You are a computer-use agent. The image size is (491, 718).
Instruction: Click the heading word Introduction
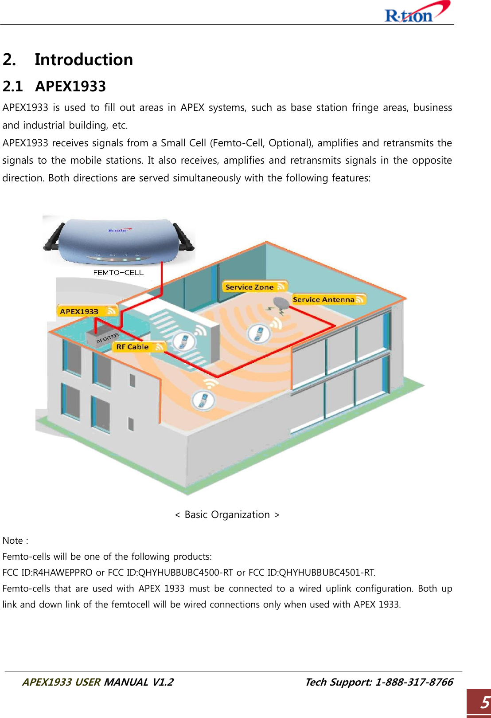84,59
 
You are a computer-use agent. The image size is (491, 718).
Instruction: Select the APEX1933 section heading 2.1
55,86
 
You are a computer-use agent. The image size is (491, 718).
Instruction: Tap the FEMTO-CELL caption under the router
118,272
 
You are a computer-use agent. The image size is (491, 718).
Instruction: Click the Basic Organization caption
227,514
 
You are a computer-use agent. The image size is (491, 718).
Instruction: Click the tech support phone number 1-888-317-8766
413,682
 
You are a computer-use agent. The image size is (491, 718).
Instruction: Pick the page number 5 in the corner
485,702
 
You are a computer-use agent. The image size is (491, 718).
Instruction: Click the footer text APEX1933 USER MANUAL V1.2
97,682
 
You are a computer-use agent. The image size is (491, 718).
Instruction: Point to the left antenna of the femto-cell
54,237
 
